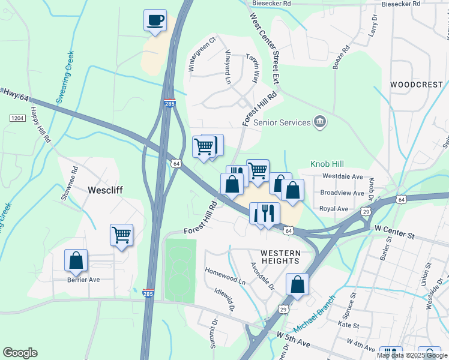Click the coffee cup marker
(155, 20)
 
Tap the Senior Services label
(282, 122)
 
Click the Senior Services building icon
(320, 122)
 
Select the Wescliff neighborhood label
(106, 190)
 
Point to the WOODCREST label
(416, 85)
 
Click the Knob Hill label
(328, 163)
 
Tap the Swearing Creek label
(65, 77)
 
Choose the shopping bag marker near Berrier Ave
(76, 260)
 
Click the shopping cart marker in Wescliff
(121, 235)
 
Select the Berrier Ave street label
(83, 280)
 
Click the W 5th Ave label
(292, 339)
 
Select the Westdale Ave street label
(342, 177)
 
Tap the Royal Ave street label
(334, 209)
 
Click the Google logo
(20, 353)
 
